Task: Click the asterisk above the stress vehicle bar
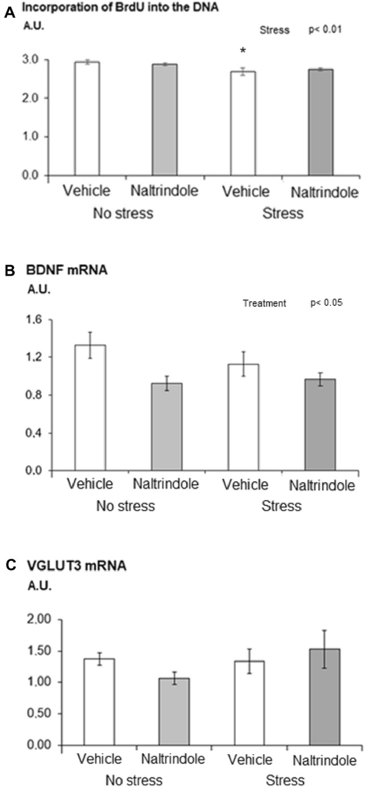coord(243,51)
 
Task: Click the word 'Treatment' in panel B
coord(264,304)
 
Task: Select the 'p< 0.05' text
coord(327,303)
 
